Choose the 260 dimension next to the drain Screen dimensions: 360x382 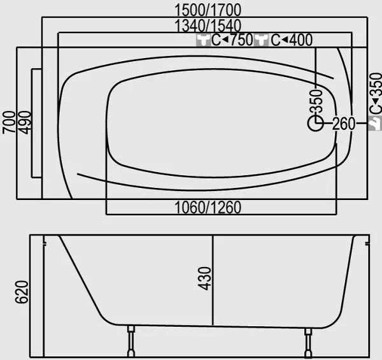click(343, 124)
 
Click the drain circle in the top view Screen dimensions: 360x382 click(316, 124)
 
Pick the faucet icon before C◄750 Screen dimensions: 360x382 click(203, 41)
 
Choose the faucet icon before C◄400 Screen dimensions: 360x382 click(262, 41)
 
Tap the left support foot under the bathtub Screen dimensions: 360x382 click(131, 342)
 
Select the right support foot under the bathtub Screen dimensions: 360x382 click(308, 342)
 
